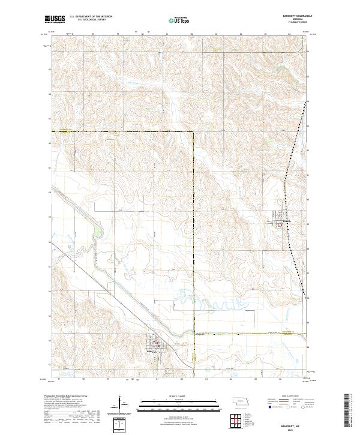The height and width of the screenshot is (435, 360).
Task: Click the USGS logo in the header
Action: click(x=55, y=19)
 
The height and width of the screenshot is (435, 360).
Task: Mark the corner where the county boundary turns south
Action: click(x=194, y=131)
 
